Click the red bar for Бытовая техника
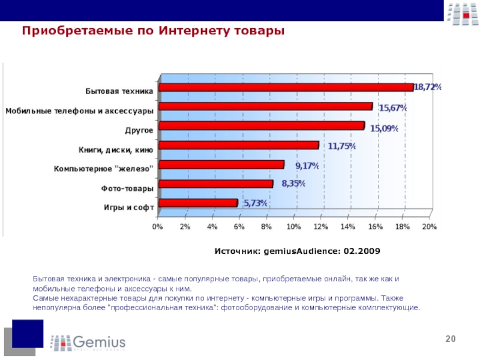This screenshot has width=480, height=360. (285, 88)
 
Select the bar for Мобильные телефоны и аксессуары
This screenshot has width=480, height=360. (265, 107)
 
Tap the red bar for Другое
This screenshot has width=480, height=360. (260, 126)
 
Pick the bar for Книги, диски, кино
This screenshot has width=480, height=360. (238, 145)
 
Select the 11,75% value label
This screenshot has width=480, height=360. (341, 145)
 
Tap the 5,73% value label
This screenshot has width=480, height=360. (255, 203)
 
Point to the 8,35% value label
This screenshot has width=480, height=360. (293, 184)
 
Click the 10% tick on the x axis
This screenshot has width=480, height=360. (293, 227)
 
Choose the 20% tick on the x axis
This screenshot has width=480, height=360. (429, 227)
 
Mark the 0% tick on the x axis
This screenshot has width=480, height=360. (157, 227)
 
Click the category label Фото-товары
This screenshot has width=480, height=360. (127, 188)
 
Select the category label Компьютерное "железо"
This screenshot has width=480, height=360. (103, 169)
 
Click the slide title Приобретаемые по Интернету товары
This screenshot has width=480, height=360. (153, 30)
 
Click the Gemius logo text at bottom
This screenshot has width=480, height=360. (100, 343)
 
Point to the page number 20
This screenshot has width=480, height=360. (450, 340)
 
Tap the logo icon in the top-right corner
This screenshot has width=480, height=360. (461, 13)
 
